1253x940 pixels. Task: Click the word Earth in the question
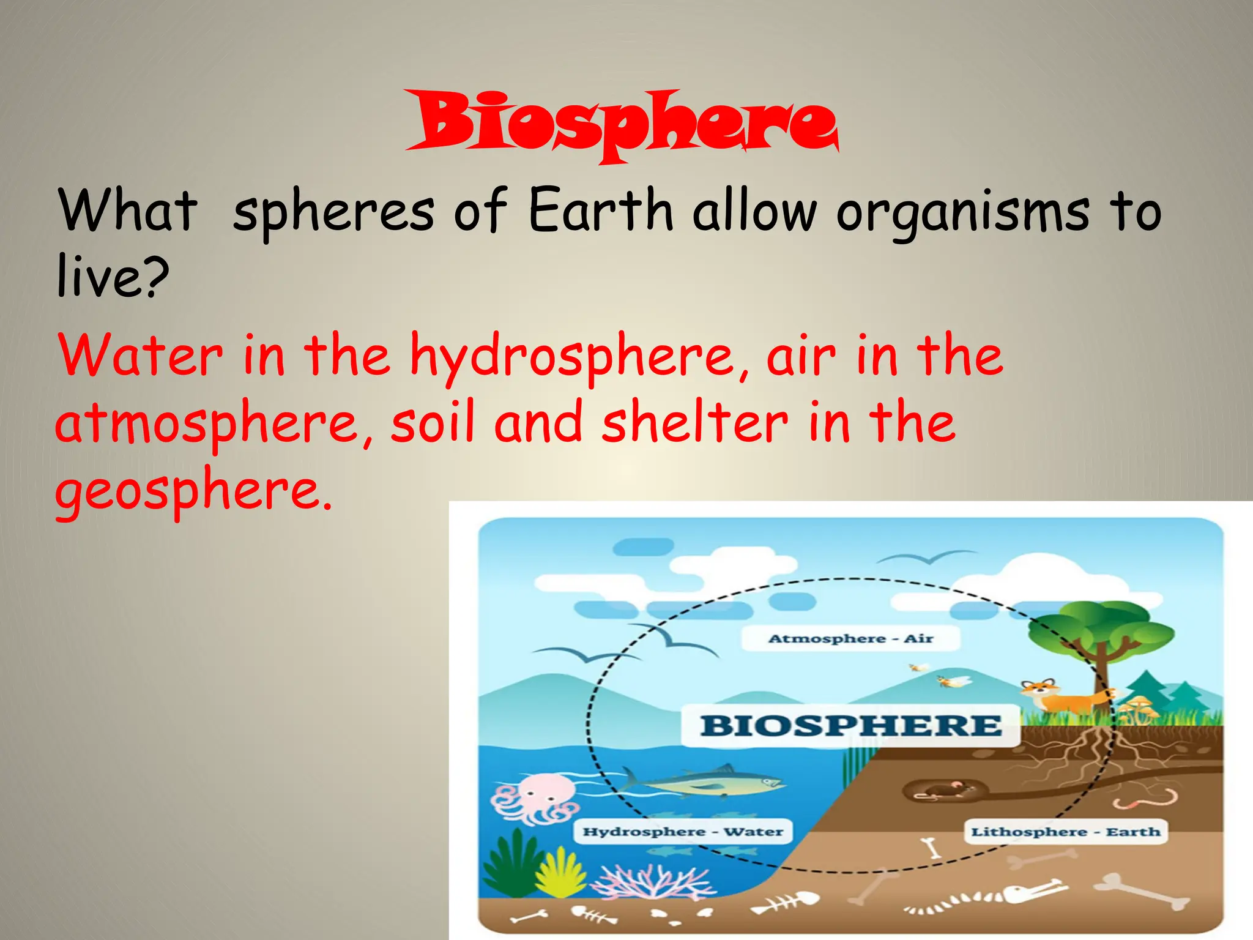coord(600,211)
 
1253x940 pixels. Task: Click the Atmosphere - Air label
coord(850,639)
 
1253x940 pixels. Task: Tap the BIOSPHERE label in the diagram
coord(850,726)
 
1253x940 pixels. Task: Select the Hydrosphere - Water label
coord(683,832)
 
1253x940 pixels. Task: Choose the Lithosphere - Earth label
coord(1065,832)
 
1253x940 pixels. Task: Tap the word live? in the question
coord(113,277)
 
